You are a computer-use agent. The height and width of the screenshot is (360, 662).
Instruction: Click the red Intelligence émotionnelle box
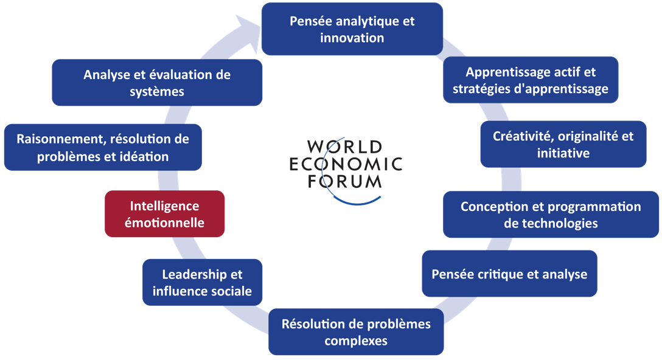click(164, 213)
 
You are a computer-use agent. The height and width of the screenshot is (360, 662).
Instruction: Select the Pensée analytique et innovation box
click(352, 29)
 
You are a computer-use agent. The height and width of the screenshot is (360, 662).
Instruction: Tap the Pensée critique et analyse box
click(509, 274)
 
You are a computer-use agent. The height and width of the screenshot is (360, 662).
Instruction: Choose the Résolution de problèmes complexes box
click(355, 331)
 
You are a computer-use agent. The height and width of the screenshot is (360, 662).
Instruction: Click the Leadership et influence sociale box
click(202, 282)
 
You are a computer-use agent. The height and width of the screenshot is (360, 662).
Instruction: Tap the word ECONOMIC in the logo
click(346, 164)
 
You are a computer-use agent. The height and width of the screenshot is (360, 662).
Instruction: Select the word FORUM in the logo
click(344, 181)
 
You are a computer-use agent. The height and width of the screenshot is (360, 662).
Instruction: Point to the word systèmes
click(157, 92)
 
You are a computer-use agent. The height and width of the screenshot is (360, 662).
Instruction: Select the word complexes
click(356, 341)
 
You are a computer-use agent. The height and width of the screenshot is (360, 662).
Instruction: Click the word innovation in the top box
click(352, 38)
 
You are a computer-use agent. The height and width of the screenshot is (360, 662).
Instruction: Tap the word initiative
click(563, 153)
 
